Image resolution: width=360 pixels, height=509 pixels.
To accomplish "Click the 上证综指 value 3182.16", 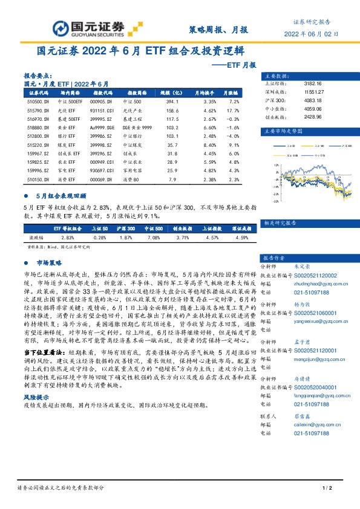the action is click(x=304, y=83).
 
